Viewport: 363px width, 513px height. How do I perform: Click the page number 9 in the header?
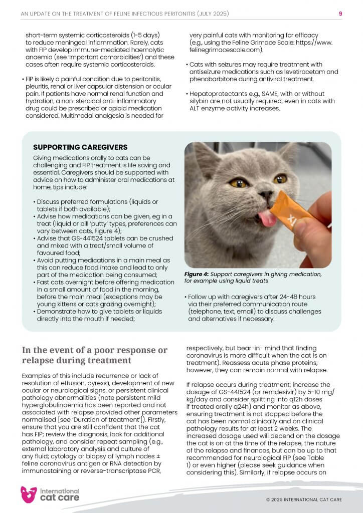point(340,14)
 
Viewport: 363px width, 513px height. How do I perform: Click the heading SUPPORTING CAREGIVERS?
point(80,147)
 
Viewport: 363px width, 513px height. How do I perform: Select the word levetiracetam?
point(280,72)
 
